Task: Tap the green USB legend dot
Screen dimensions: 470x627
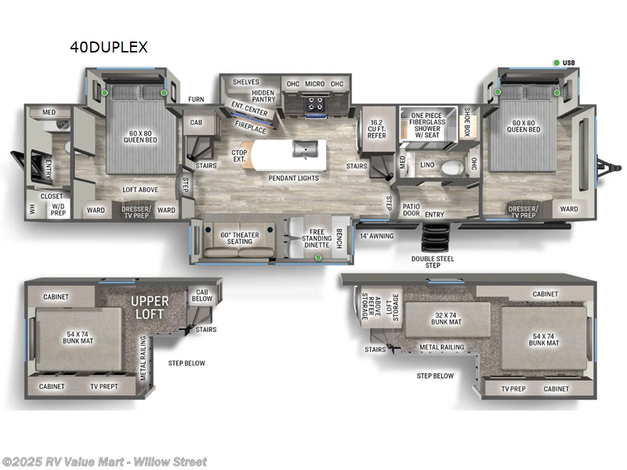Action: [556, 63]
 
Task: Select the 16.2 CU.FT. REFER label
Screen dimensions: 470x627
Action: [377, 129]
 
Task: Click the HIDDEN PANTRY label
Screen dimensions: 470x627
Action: [263, 96]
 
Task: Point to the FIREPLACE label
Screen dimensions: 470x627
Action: [252, 128]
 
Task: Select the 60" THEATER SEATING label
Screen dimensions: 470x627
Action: [240, 237]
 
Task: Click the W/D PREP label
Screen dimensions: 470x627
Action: [60, 209]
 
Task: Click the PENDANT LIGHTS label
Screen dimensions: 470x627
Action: [293, 178]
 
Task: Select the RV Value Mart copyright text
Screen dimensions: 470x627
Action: [104, 461]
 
